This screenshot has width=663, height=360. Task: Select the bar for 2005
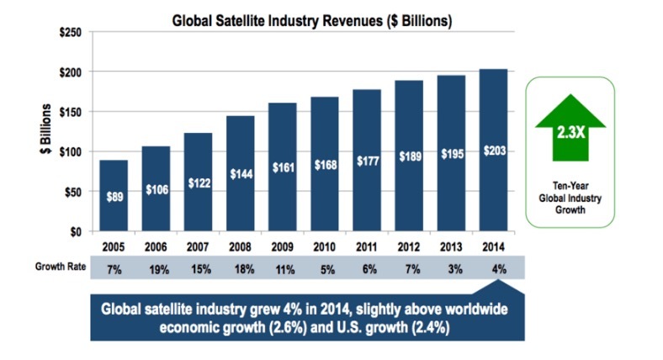114,195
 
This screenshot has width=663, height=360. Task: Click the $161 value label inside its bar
282,167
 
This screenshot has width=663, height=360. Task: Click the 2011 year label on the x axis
366,249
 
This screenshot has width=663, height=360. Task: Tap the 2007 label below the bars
198,249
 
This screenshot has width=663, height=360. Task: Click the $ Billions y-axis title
47,131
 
